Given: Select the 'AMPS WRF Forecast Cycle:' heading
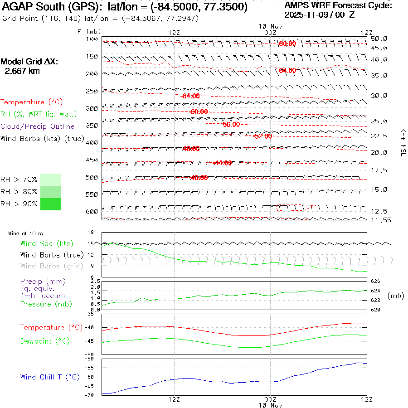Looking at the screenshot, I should (x=338, y=5).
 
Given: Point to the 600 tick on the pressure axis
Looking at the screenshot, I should (x=92, y=212).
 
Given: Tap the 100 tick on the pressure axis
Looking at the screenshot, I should (x=92, y=39).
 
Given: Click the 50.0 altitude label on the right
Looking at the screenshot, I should (x=379, y=39).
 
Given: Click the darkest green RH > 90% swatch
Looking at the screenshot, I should (x=50, y=204).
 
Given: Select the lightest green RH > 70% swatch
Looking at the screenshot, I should (x=50, y=180).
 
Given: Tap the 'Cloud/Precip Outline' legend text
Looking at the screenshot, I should (x=37, y=126).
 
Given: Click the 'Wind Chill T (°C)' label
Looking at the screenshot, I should (x=50, y=377).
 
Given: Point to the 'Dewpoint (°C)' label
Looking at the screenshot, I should (x=42, y=341).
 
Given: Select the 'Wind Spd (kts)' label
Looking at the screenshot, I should (x=46, y=244).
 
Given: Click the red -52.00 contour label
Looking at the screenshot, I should (x=263, y=136).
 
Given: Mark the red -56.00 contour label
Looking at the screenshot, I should (x=231, y=124).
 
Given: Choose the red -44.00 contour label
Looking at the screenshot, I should (x=222, y=163).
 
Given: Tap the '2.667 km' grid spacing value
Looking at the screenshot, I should (x=22, y=71).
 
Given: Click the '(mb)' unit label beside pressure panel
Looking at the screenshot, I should (x=396, y=296).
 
